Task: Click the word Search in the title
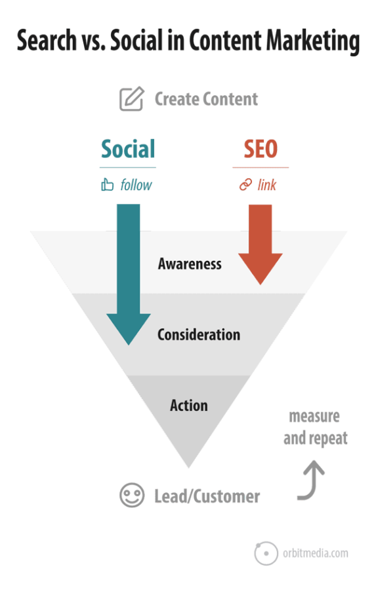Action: (x=47, y=40)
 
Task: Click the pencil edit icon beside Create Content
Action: (x=131, y=98)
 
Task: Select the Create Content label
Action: (x=207, y=99)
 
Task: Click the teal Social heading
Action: (x=128, y=149)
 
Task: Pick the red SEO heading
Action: (x=261, y=149)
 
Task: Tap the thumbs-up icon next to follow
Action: (x=108, y=184)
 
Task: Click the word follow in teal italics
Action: (x=136, y=185)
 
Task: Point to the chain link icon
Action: (x=245, y=185)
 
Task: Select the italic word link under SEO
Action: (x=266, y=185)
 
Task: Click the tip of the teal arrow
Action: (x=129, y=344)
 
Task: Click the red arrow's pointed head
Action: (x=261, y=284)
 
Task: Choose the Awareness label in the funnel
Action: (x=190, y=264)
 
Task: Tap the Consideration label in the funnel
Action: (x=199, y=334)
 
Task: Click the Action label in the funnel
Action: (x=189, y=405)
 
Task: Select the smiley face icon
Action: (x=132, y=495)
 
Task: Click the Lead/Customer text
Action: (x=207, y=496)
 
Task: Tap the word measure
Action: (x=314, y=416)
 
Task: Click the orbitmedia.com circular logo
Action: (x=266, y=553)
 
